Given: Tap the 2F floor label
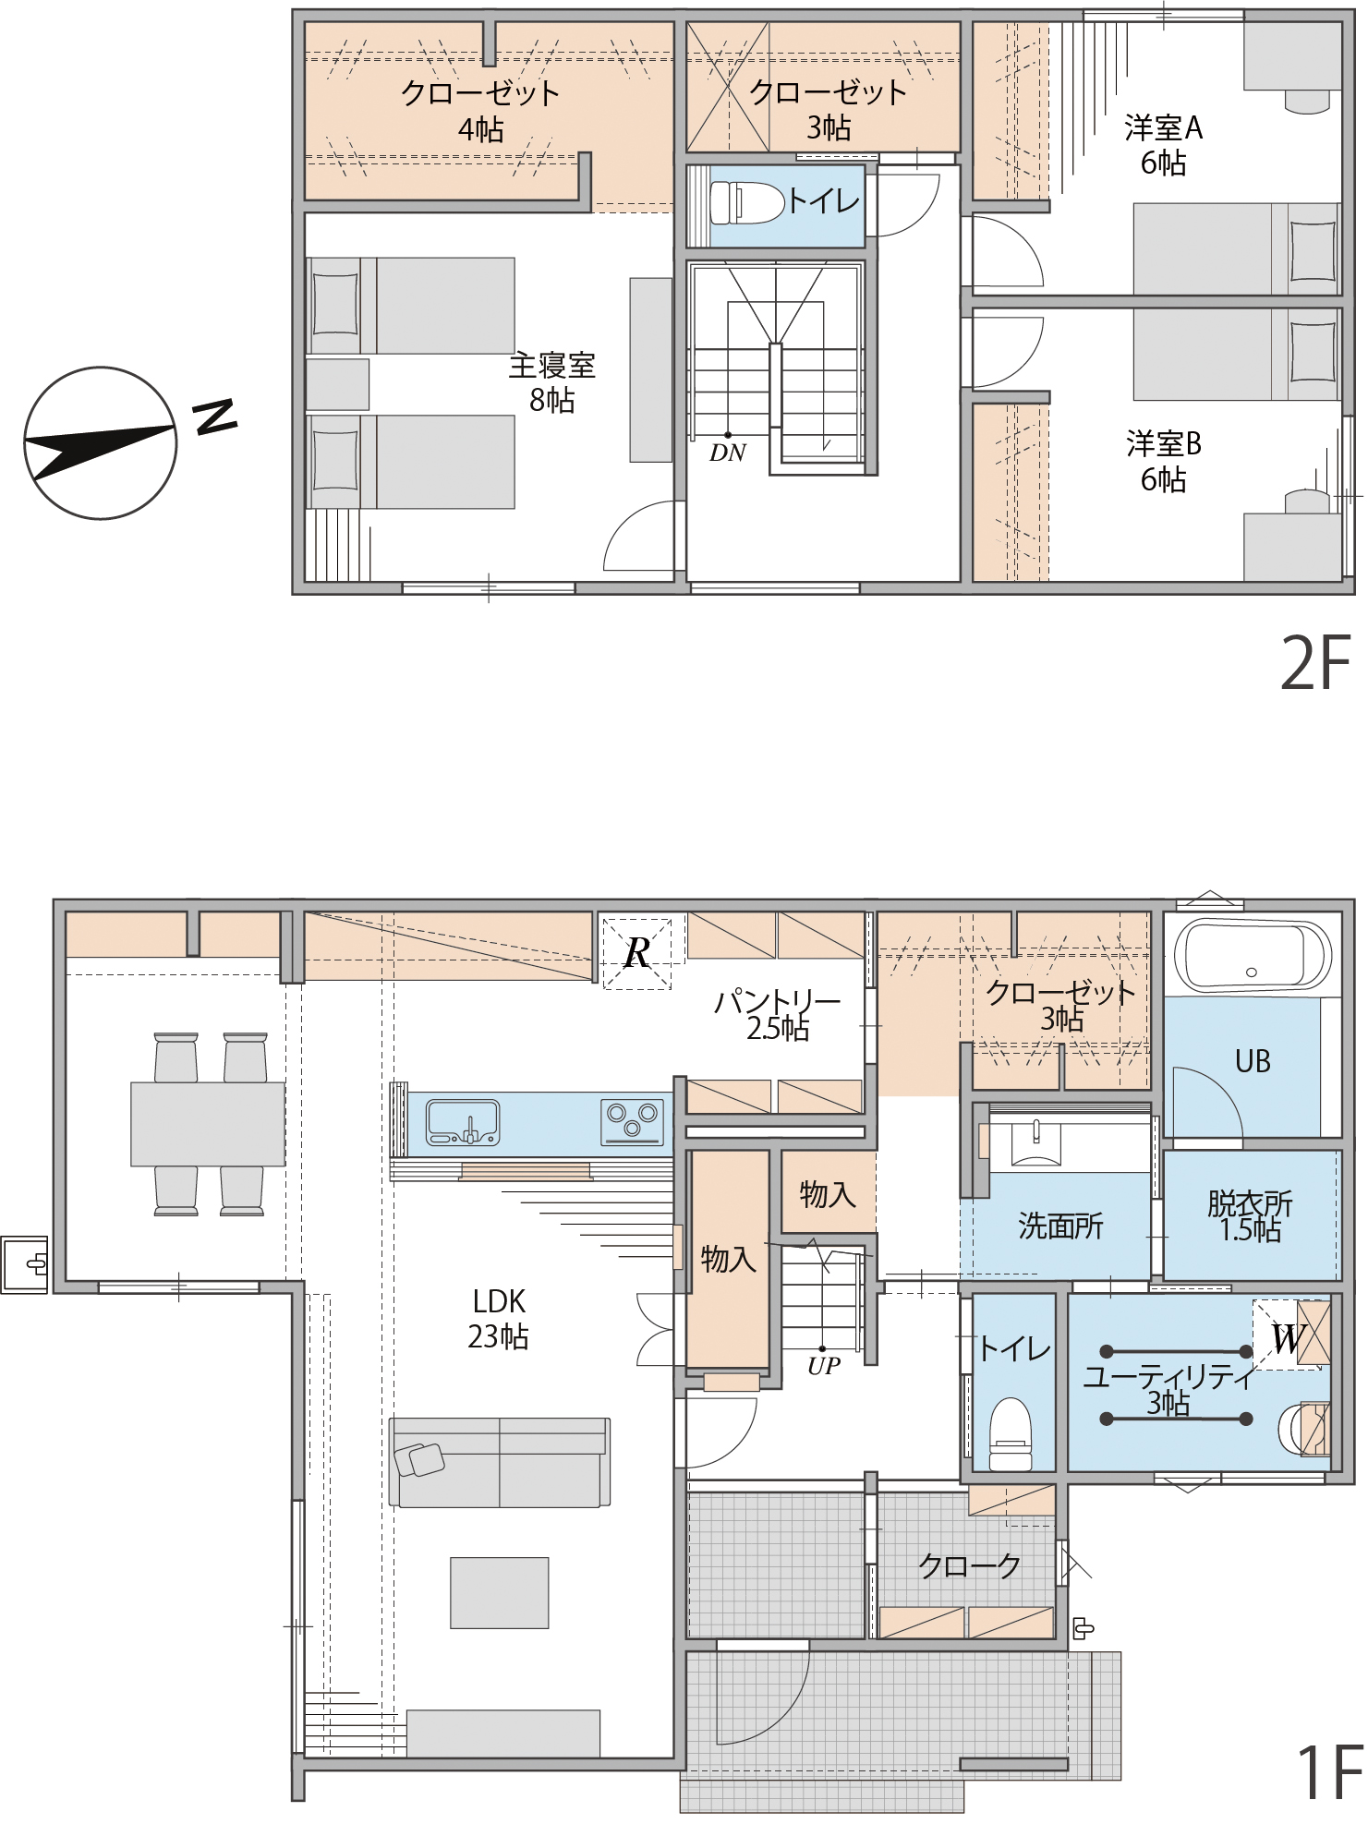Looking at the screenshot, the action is (x=1315, y=663).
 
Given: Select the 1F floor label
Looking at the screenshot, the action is (x=1330, y=1771).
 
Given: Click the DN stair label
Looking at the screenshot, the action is (x=727, y=453).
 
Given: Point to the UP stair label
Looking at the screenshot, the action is (x=823, y=1366).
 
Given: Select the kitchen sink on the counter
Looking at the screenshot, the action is (x=463, y=1122).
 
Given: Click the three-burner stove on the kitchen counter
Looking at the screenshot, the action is (x=633, y=1121).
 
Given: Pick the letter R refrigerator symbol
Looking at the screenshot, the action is (x=637, y=953).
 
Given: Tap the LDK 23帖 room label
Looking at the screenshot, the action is (x=499, y=1319).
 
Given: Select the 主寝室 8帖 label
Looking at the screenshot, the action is (x=552, y=382).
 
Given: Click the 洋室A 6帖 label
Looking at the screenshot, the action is (x=1163, y=145).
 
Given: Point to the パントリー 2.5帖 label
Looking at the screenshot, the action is (x=778, y=1014).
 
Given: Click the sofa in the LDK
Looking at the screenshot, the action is (x=499, y=1462).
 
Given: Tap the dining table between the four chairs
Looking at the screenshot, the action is (x=208, y=1124).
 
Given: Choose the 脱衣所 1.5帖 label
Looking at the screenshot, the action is (x=1250, y=1216).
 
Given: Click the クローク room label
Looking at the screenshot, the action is (x=969, y=1564).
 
